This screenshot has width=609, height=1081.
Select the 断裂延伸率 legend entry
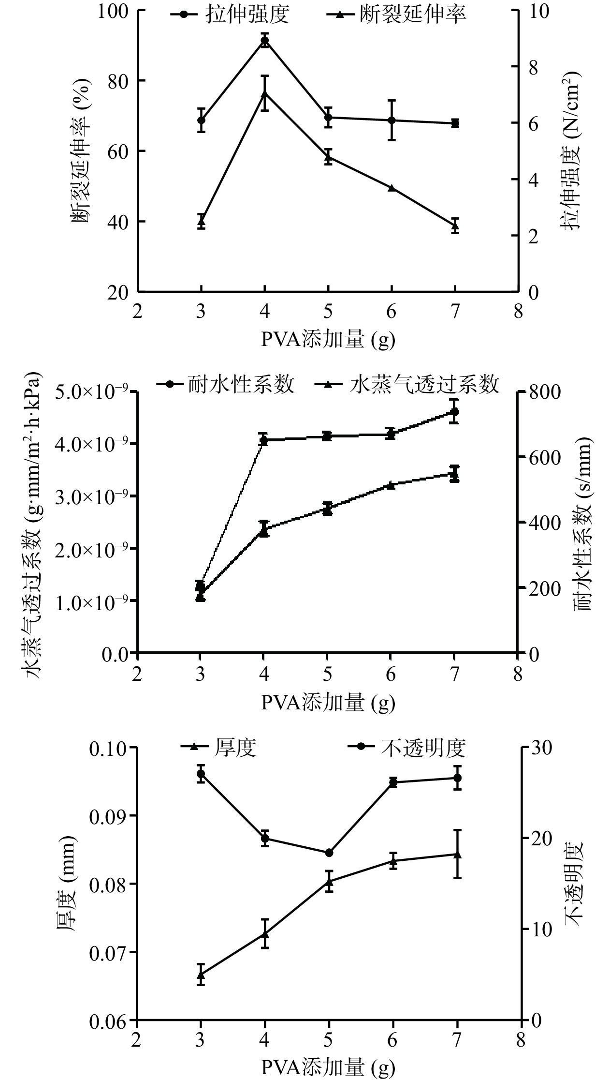click(x=396, y=15)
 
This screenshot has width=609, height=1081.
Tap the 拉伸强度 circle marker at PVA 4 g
click(x=265, y=40)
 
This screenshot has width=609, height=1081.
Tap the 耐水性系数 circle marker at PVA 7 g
click(x=454, y=412)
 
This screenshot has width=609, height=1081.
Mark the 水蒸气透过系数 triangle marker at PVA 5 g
click(x=327, y=508)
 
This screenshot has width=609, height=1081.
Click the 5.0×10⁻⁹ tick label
click(x=89, y=391)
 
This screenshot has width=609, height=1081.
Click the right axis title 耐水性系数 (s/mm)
click(x=583, y=523)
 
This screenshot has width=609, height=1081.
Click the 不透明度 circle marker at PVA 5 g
click(x=329, y=853)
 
